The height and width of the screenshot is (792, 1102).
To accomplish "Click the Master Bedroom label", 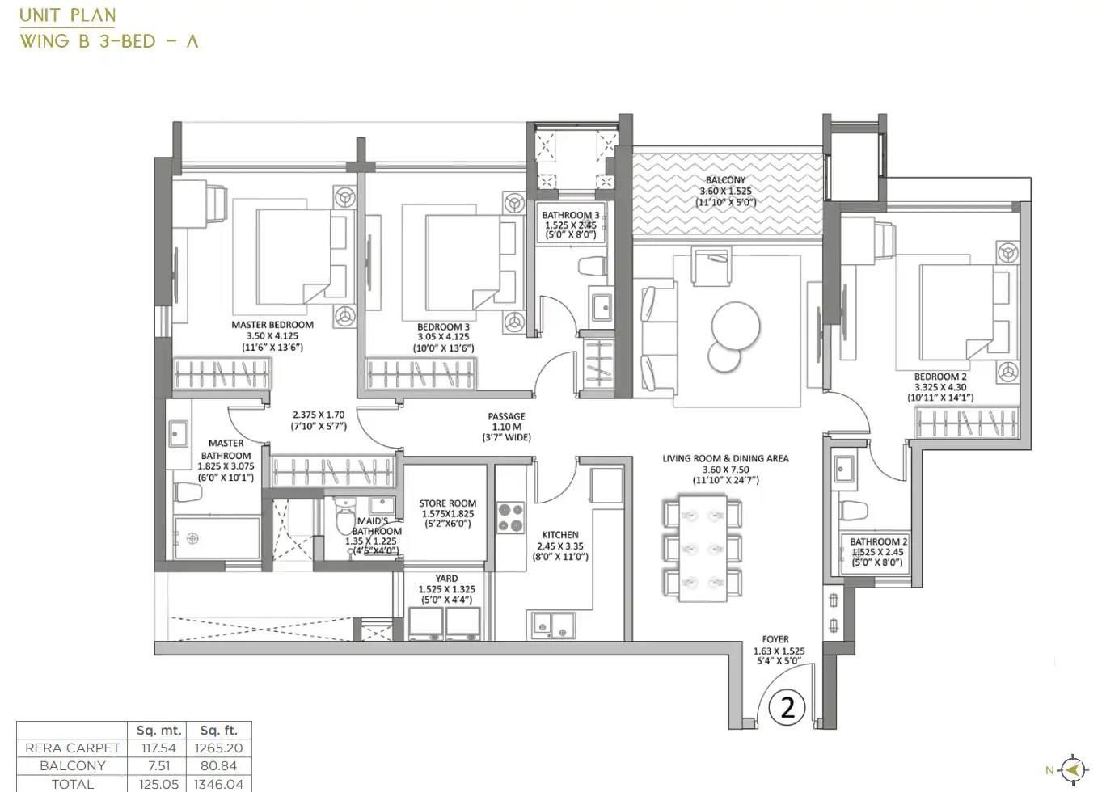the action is (x=272, y=325).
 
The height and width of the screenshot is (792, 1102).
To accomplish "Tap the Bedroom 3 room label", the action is (x=443, y=327).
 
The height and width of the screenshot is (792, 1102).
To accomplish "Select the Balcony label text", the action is (x=726, y=180).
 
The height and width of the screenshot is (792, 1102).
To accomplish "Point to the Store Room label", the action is (x=448, y=503).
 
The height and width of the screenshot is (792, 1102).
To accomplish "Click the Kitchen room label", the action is (x=560, y=535).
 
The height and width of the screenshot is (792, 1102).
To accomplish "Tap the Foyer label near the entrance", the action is (x=775, y=639).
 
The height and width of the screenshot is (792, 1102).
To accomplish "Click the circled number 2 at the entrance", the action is (x=787, y=709).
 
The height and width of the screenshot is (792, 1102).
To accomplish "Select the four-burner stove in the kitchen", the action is (x=510, y=518).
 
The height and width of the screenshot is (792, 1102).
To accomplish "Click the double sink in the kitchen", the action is (x=551, y=626).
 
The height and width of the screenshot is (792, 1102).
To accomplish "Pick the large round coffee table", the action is (x=736, y=326).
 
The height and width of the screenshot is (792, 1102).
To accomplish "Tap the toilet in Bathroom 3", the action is (x=593, y=267).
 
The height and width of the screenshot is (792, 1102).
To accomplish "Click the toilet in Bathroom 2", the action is (x=854, y=510).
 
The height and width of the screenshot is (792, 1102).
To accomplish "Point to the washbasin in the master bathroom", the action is (x=178, y=433).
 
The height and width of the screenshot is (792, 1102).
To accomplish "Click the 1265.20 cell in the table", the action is (x=218, y=748).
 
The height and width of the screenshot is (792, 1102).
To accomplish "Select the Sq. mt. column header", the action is (x=159, y=731).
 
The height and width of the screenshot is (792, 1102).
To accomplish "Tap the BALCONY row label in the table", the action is (x=72, y=766).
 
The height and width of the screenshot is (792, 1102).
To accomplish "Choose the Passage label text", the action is (x=506, y=416).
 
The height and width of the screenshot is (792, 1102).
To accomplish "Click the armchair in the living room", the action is (x=711, y=266).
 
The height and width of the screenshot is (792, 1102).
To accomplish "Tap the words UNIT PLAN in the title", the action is (x=68, y=15).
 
